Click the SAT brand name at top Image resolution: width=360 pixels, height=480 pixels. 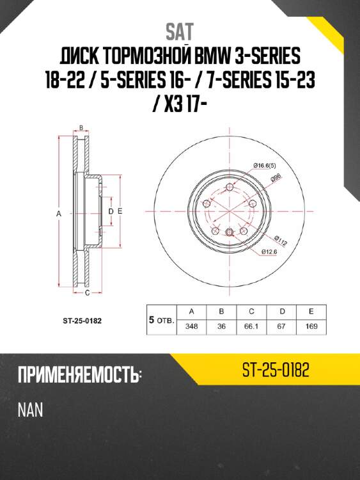[180, 31]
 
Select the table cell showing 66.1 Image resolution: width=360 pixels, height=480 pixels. [251, 326]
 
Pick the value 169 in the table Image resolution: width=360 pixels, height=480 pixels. [311, 326]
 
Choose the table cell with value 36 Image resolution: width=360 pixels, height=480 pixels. [221, 326]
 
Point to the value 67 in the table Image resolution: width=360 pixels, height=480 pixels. [281, 326]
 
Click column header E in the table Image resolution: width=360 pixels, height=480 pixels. [311, 311]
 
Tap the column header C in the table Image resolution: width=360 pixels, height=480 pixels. [251, 311]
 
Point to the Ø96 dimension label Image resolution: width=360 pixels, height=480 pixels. [276, 177]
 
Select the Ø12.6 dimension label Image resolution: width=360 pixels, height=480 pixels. [269, 252]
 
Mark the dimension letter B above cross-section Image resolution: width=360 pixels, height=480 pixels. [81, 127]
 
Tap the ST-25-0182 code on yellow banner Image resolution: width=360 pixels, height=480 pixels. [276, 371]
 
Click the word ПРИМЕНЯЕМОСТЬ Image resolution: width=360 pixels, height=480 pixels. [79, 376]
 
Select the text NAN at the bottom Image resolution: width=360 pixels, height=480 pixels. [30, 410]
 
